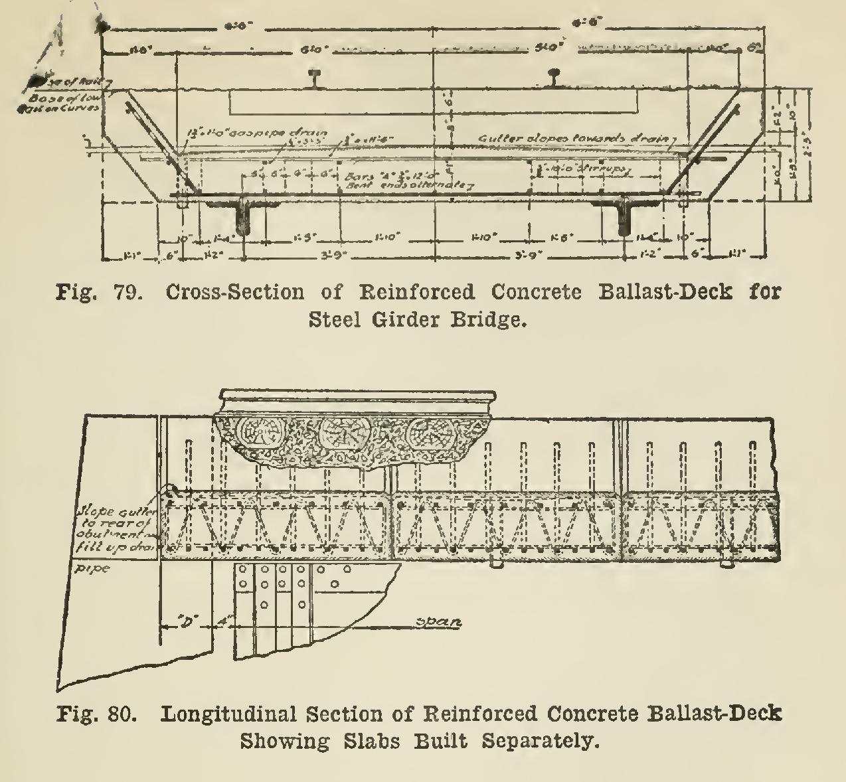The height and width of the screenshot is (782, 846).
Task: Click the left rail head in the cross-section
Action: pyautogui.click(x=318, y=74)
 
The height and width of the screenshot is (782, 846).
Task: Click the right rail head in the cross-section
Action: pyautogui.click(x=554, y=74)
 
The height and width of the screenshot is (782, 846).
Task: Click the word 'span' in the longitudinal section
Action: pyautogui.click(x=438, y=623)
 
